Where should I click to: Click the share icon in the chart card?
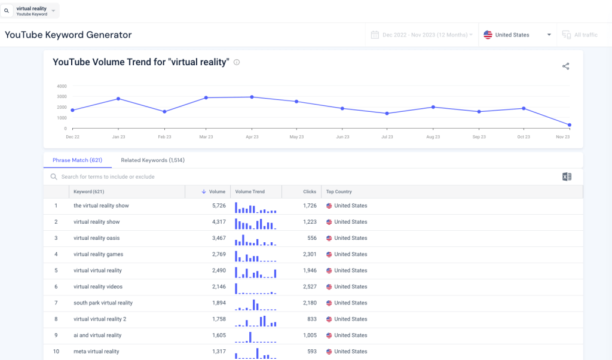point(565,66)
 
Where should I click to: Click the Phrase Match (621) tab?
point(77,160)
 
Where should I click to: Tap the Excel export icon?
point(567,176)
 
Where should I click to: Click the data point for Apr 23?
point(252,97)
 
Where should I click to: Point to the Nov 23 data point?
point(569,125)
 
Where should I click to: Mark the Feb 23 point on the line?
point(164,112)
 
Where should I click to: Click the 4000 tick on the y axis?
point(62,86)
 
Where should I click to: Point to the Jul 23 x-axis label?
point(387,137)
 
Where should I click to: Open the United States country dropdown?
point(517,35)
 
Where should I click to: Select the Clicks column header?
point(309,192)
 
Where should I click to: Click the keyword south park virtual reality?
point(103,303)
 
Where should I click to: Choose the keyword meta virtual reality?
point(96,352)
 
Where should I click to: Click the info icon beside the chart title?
point(237,62)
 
